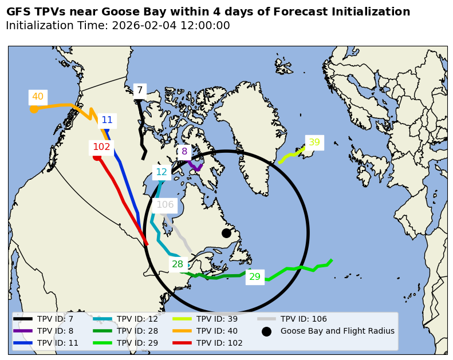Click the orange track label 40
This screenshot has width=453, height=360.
[38, 97]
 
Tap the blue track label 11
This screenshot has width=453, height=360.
[107, 120]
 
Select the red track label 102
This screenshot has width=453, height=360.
[101, 147]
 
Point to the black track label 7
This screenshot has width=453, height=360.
[139, 90]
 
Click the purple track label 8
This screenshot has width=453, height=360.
[184, 152]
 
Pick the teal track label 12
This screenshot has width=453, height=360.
[161, 172]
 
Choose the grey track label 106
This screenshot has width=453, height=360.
[165, 205]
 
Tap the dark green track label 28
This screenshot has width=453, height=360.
[178, 264]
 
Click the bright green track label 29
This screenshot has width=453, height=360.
[255, 277]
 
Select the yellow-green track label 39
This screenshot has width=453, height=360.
[314, 143]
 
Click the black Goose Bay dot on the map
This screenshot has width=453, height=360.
[226, 233]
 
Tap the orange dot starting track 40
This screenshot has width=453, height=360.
[34, 109]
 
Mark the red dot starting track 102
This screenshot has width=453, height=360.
[97, 157]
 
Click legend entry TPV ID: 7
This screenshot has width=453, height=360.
[55, 319]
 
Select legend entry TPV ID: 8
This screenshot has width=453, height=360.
[55, 331]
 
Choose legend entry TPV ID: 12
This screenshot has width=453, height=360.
[137, 319]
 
